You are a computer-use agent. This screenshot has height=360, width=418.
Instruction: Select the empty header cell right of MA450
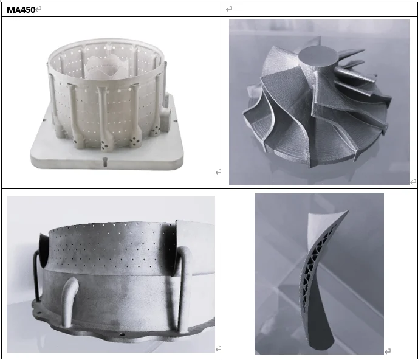[318, 9]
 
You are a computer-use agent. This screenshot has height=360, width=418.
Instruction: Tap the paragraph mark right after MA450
[38, 10]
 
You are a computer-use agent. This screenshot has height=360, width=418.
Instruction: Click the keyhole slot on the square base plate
[104, 162]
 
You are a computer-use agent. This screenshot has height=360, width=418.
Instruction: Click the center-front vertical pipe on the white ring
[100, 112]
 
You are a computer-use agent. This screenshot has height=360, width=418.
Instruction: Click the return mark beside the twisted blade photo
[388, 351]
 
